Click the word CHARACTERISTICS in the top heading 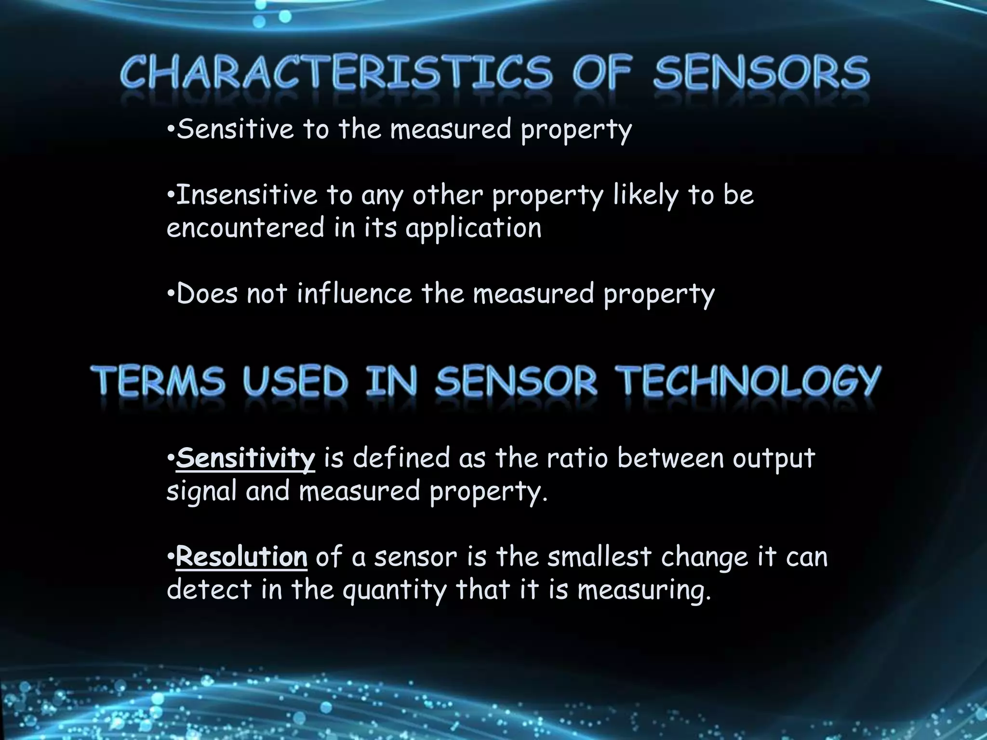coord(335,72)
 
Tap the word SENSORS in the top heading coord(761,72)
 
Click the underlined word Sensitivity coord(245,458)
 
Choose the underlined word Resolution coord(241,557)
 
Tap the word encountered coord(245,228)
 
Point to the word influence coord(354,293)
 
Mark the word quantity coord(395,591)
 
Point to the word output coord(774,459)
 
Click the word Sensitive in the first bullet coord(235,130)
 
